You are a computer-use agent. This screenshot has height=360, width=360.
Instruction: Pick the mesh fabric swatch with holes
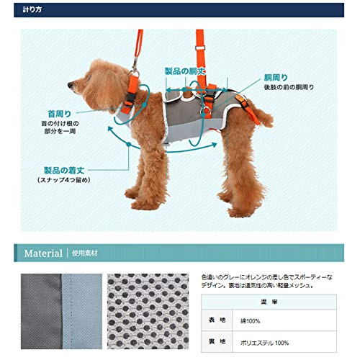[x=150, y=310]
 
